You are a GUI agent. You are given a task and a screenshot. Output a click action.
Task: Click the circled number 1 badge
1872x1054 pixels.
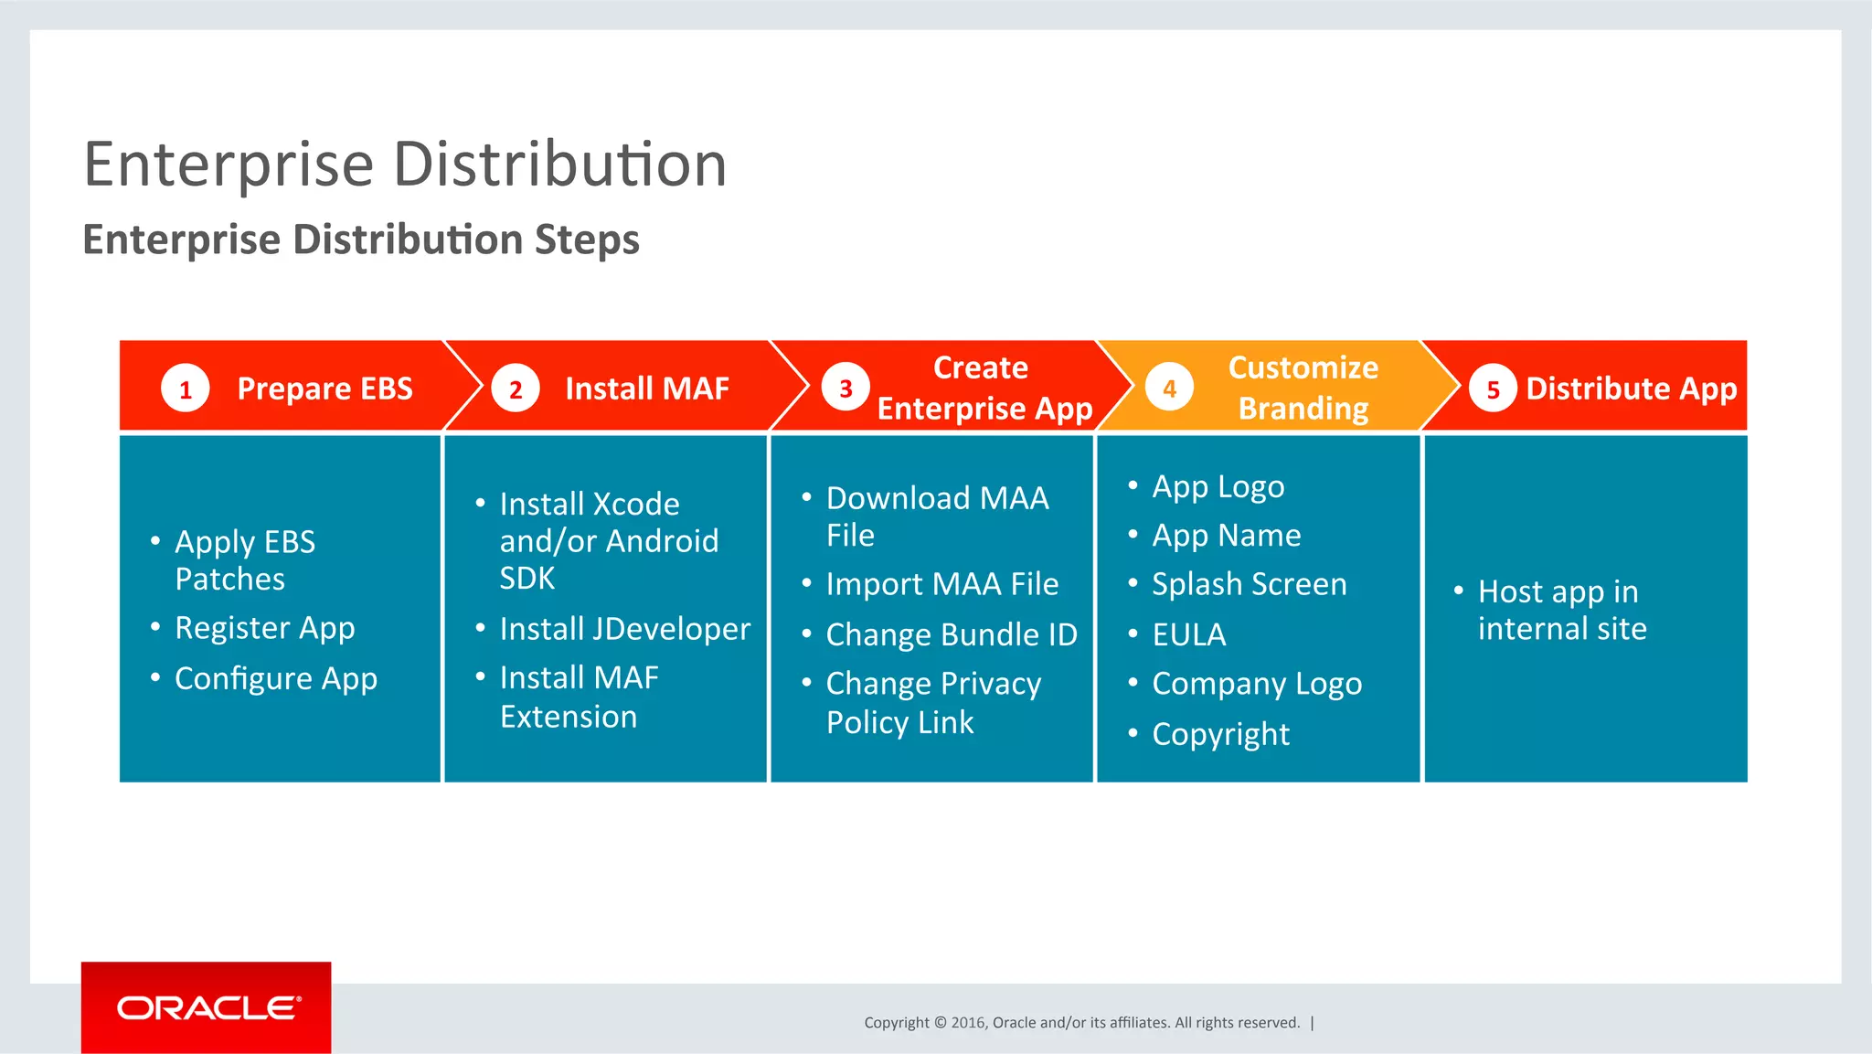pos(186,389)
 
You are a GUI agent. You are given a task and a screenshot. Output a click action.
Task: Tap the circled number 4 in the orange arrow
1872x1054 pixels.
pos(1169,389)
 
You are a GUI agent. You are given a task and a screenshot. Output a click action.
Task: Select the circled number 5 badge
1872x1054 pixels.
pos(1493,389)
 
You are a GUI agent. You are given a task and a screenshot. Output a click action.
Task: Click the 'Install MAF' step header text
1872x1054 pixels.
pos(646,389)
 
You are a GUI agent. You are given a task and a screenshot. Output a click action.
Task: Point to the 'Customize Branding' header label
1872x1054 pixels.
pos(1303,388)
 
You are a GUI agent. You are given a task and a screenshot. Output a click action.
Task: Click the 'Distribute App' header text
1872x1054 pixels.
pos(1631,389)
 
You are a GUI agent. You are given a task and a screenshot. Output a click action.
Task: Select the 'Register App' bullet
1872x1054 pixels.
pos(264,628)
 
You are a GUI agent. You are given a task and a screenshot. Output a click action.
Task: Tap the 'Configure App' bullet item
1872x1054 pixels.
pos(275,678)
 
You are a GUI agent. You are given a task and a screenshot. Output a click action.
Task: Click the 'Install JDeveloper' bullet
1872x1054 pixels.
pos(624,629)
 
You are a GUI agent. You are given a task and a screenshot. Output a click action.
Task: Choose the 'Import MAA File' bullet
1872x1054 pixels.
pos(941,584)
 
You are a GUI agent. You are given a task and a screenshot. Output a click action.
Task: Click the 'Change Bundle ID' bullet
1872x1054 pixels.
pos(951,634)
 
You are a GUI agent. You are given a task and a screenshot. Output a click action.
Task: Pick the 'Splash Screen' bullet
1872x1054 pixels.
pos(1249,584)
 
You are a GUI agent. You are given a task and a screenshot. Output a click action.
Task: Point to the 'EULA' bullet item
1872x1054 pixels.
pos(1188,634)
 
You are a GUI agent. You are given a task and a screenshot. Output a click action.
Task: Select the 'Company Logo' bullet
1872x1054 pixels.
pos(1256,684)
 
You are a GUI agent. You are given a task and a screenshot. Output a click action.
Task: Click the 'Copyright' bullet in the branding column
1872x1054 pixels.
pos(1220,734)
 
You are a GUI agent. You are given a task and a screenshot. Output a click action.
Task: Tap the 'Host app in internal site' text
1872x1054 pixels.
pos(1561,610)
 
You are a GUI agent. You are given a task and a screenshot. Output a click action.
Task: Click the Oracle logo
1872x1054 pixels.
pos(207,1007)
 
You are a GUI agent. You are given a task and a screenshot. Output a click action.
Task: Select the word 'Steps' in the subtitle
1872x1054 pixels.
pos(587,240)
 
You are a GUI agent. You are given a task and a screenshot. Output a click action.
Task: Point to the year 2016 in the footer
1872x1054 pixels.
pos(968,1023)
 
